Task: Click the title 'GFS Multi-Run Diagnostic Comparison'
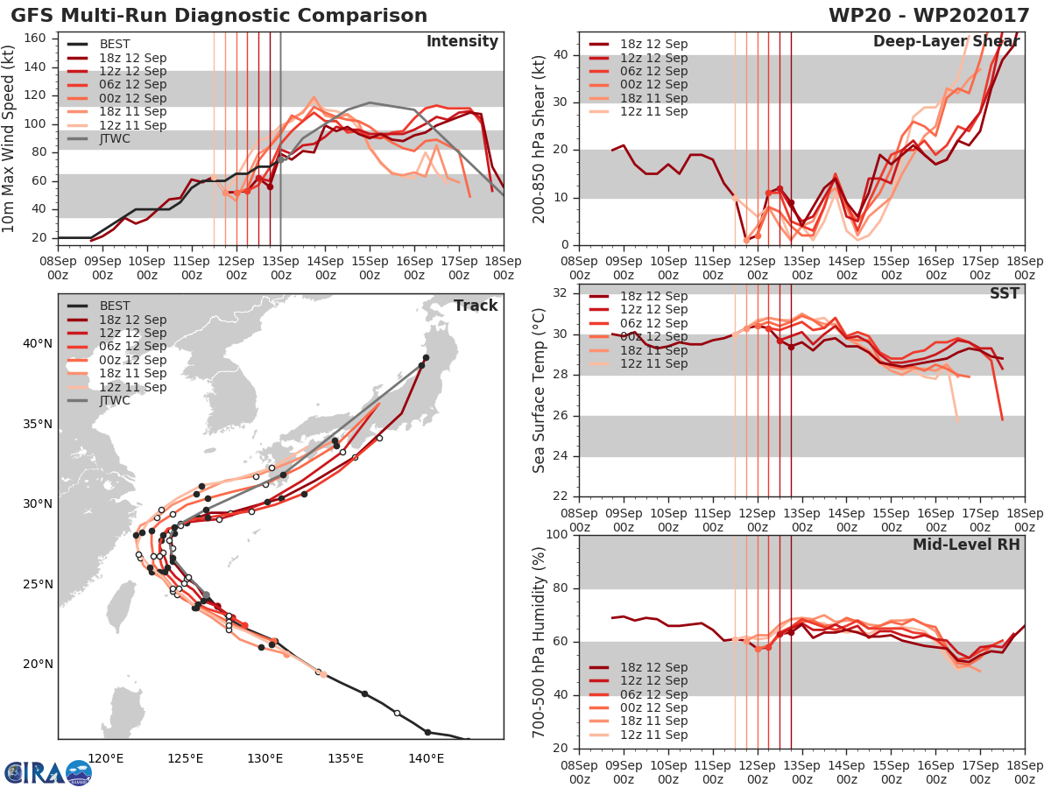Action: pyautogui.click(x=220, y=16)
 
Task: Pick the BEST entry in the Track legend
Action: pyautogui.click(x=114, y=306)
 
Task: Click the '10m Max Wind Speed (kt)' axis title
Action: pyautogui.click(x=11, y=138)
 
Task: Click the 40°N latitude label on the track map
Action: pyautogui.click(x=37, y=343)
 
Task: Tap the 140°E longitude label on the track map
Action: pyautogui.click(x=426, y=758)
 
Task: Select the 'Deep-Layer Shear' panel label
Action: pyautogui.click(x=946, y=42)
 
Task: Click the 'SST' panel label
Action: pyautogui.click(x=1004, y=293)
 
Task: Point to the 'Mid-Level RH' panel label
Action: pyautogui.click(x=966, y=545)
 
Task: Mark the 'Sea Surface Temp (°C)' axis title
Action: pyautogui.click(x=540, y=390)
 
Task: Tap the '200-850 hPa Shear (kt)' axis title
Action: pyautogui.click(x=540, y=138)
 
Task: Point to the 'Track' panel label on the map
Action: pyautogui.click(x=475, y=306)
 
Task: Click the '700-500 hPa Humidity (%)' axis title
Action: pyautogui.click(x=540, y=642)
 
